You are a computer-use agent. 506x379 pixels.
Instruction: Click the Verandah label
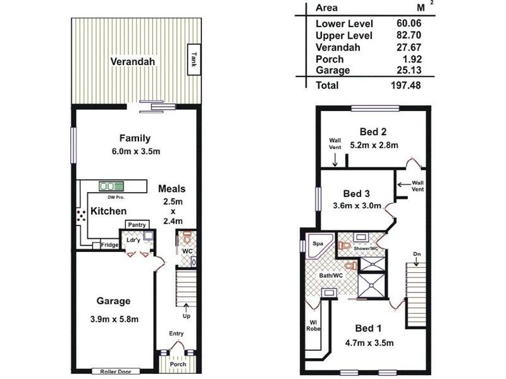(133, 62)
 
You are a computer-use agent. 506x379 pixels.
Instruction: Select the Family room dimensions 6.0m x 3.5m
(137, 152)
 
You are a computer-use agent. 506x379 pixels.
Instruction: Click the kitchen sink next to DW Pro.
(111, 186)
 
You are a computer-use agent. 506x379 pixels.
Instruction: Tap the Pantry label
(137, 225)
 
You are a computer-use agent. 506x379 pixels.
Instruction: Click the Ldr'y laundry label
(133, 241)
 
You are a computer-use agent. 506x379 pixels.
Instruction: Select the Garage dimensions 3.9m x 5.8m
(114, 319)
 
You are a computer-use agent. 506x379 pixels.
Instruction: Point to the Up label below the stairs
(186, 316)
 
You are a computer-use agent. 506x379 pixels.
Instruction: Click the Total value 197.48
(405, 85)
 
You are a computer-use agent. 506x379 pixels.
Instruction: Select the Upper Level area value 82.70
(405, 36)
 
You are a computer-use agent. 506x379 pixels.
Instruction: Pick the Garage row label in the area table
(333, 70)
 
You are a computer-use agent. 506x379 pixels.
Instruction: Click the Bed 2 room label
(373, 132)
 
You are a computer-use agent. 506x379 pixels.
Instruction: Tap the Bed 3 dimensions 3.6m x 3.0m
(357, 205)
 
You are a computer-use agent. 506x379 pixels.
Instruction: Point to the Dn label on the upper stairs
(416, 255)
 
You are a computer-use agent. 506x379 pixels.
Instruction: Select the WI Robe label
(314, 324)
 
